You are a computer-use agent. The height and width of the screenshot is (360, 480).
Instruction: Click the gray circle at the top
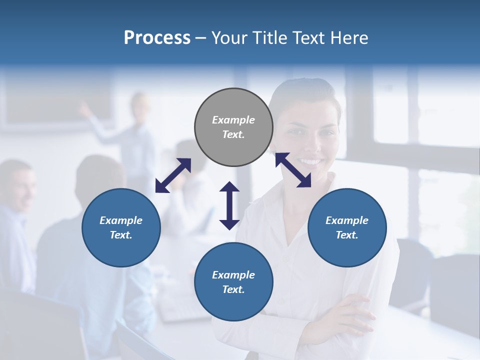pos(233,127)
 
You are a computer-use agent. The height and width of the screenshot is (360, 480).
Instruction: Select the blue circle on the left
pos(121,227)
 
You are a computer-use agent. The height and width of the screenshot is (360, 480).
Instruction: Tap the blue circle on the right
pos(347,227)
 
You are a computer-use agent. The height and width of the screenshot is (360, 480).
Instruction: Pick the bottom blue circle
pos(233,282)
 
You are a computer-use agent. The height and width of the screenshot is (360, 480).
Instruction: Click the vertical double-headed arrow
pos(229,205)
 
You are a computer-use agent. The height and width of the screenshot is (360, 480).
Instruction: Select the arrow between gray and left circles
pos(173,175)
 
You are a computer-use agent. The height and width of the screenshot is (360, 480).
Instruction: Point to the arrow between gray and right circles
pos(293,170)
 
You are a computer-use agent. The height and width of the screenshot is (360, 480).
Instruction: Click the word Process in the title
pos(157,38)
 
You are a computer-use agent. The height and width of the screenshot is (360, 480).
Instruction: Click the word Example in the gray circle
pos(233,120)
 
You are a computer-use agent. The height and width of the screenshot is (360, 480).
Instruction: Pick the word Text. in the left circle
pos(121,235)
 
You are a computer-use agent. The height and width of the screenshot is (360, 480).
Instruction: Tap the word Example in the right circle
pos(347,220)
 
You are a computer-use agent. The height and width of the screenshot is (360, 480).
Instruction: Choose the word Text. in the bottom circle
pos(233,289)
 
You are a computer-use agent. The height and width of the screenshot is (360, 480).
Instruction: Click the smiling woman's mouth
pos(310,161)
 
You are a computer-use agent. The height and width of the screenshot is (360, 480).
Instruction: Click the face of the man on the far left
pos(19,187)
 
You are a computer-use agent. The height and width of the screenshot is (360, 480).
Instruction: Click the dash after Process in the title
pos(200,38)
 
